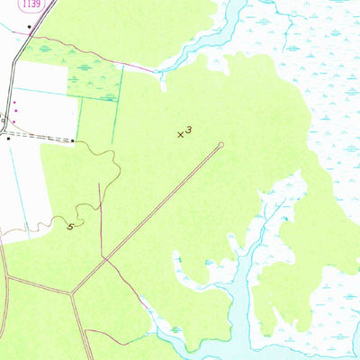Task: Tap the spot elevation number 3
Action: point(190,130)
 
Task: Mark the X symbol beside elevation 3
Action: point(181,135)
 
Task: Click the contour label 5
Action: point(70,226)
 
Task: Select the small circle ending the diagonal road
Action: point(221,144)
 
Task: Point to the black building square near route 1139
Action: point(30,27)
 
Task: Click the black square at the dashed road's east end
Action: point(73,139)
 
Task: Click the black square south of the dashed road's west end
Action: point(8,139)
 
